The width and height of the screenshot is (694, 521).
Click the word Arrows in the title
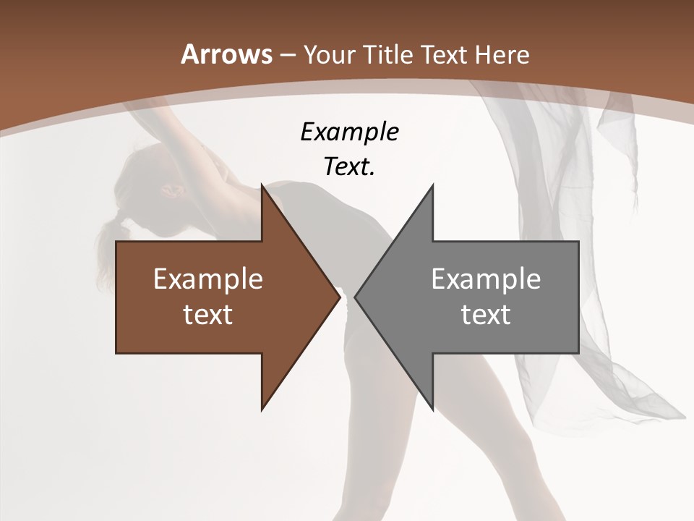pyautogui.click(x=226, y=54)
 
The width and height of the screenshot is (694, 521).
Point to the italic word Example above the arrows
pyautogui.click(x=349, y=132)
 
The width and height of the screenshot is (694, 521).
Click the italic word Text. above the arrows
pyautogui.click(x=349, y=166)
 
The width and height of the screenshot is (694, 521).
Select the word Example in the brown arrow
pyautogui.click(x=208, y=279)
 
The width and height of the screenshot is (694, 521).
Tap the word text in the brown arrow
pyautogui.click(x=208, y=314)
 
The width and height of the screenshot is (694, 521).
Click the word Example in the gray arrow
pyautogui.click(x=486, y=279)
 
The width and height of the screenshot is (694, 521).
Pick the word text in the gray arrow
pyautogui.click(x=486, y=314)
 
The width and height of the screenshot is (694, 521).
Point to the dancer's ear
pyautogui.click(x=172, y=190)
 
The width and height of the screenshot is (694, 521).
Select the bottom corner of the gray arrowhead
pyautogui.click(x=432, y=408)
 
